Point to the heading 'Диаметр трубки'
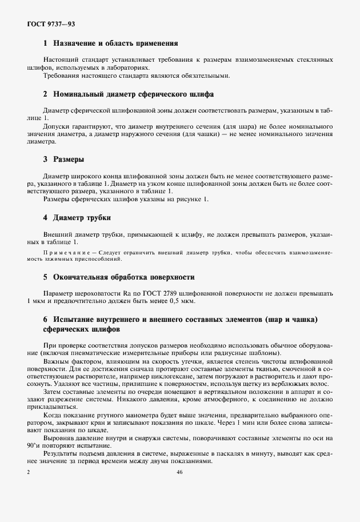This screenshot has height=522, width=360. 82,217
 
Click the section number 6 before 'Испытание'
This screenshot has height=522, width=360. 45,318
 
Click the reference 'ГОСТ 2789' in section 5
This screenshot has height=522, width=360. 155,293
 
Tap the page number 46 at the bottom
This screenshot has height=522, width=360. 179,472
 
